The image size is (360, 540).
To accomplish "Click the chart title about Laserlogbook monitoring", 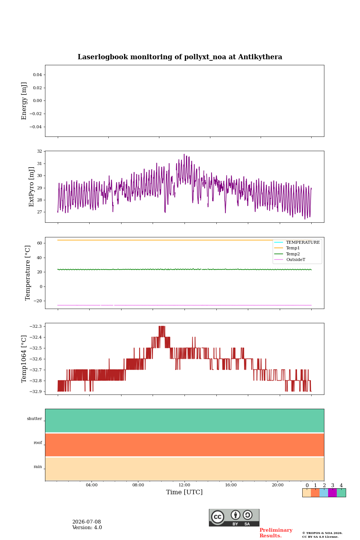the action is (x=180, y=57).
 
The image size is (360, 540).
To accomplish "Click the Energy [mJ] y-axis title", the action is (x=24, y=101).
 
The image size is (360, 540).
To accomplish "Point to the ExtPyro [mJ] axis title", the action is (x=31, y=187).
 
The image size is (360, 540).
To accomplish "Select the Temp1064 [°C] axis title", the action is (x=24, y=359).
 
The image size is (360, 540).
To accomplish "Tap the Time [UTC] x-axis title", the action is (x=184, y=492).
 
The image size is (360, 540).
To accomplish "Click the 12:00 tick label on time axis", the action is (x=184, y=485).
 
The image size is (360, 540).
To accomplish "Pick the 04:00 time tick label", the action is (x=91, y=485).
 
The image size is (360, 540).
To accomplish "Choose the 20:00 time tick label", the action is (x=277, y=485).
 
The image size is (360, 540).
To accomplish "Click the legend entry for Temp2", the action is (x=293, y=254).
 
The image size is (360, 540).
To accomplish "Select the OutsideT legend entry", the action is (x=295, y=259).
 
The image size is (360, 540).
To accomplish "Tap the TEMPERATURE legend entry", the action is (x=303, y=242).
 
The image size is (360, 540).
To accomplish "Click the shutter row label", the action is (x=34, y=418).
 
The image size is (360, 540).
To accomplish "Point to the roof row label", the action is (x=38, y=442).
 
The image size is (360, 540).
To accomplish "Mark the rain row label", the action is (x=38, y=466).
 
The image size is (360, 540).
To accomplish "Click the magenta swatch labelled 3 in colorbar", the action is (x=333, y=492).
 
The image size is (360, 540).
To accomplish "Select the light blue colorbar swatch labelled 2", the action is (x=324, y=492).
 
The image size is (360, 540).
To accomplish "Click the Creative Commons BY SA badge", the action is (x=234, y=517).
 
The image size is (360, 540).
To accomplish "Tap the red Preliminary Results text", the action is (x=276, y=532).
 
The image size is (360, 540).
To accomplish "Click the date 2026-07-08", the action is (x=87, y=522).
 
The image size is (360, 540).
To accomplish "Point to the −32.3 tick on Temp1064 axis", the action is (x=36, y=326).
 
